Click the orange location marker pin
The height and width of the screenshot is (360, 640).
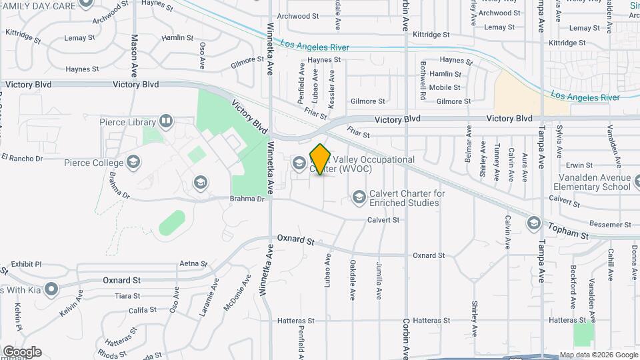(321, 159)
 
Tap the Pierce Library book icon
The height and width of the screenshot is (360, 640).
(166, 122)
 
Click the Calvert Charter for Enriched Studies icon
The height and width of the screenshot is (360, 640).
(359, 197)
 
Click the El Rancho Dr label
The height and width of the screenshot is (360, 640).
(22, 158)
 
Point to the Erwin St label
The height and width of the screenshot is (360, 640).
(579, 165)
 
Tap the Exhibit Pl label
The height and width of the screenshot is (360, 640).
(26, 264)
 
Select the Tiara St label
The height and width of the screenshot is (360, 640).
(127, 295)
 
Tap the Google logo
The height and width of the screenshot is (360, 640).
(22, 352)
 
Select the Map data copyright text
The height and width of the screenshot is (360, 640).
(597, 355)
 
